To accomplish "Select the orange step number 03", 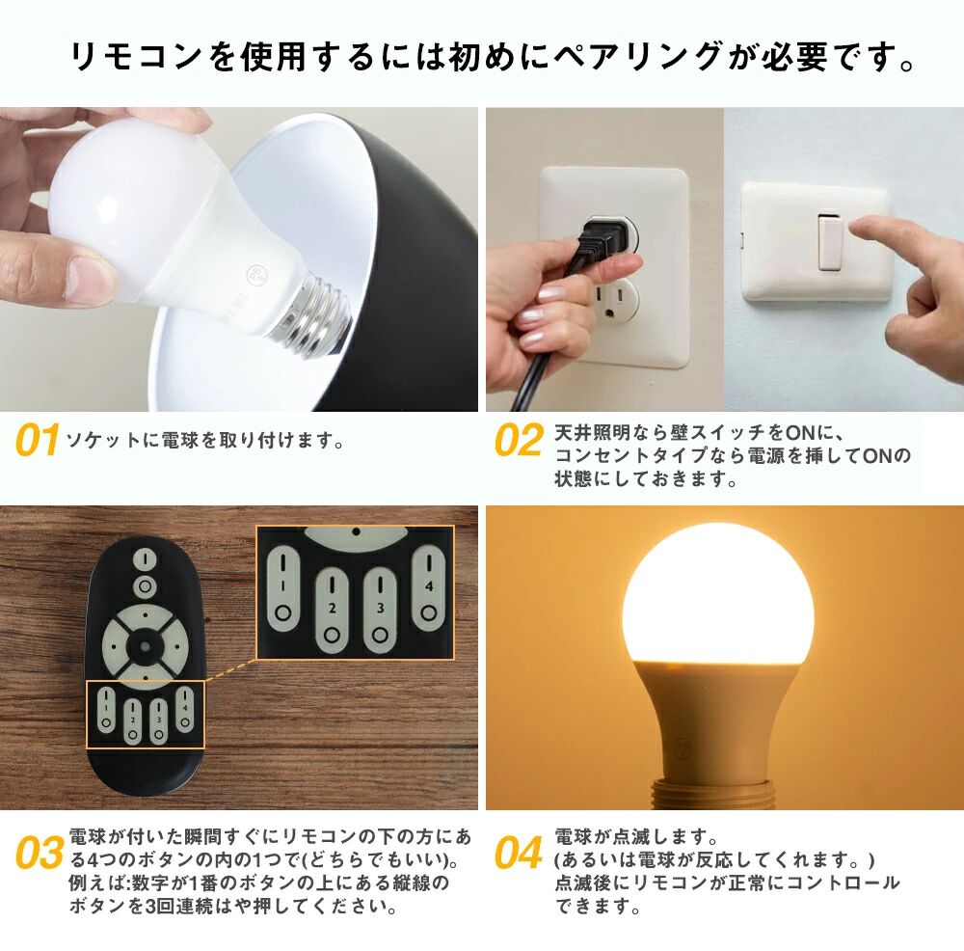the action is point(40,853).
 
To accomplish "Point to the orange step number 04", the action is point(519,853).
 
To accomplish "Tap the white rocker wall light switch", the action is point(830,242).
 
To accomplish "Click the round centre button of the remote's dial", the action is point(145,646).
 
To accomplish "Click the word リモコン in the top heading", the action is point(136,57).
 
